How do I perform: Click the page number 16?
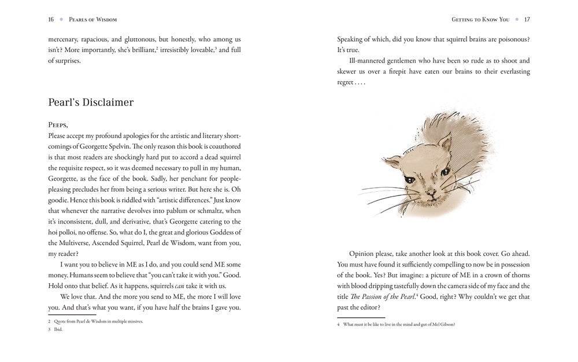(51, 19)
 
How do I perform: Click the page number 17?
(527, 19)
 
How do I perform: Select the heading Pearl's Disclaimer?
(91, 103)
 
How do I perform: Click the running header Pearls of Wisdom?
(93, 19)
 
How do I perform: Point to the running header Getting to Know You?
(480, 19)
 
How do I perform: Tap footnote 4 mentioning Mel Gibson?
(399, 324)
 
